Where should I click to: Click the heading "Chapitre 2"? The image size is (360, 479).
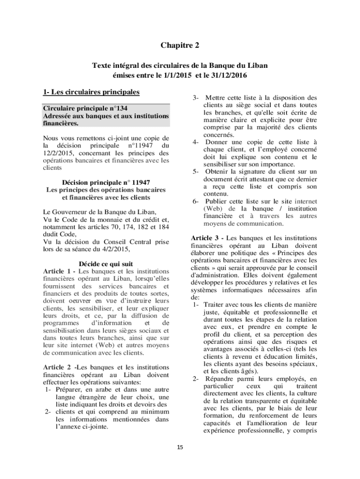click(180, 45)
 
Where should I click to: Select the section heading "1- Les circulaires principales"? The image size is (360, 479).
click(91, 91)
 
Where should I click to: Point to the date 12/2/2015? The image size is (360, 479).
click(59, 152)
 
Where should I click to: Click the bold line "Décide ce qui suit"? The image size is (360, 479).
click(106, 264)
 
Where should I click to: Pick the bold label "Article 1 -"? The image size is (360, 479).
click(60, 271)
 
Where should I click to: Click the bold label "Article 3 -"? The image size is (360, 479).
click(208, 238)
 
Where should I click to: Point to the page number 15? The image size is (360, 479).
click(180, 448)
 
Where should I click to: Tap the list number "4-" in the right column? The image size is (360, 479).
click(196, 142)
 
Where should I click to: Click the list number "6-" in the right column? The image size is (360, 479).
click(196, 201)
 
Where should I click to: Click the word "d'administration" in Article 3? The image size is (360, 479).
click(213, 275)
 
